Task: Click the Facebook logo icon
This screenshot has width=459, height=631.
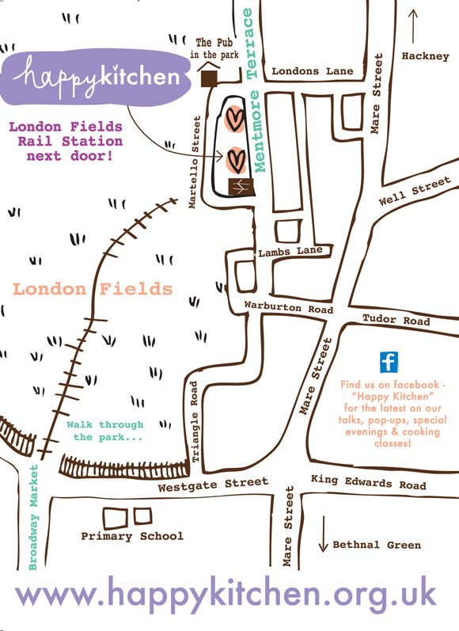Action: (389, 362)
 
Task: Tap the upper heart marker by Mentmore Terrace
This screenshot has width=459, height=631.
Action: (234, 119)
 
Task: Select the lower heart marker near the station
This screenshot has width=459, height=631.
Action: (236, 161)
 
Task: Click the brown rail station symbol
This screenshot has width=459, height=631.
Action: (241, 186)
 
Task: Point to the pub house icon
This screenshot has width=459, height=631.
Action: (209, 74)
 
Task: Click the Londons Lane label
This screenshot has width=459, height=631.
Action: (312, 71)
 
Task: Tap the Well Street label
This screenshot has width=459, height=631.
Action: (415, 191)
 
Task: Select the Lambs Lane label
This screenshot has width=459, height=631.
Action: (290, 252)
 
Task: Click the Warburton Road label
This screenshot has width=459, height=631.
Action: (289, 307)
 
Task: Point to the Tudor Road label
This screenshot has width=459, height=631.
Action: (396, 320)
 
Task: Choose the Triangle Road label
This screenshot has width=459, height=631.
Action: (195, 421)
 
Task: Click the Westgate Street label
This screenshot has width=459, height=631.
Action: (213, 485)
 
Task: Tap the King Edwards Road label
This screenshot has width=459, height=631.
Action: (369, 481)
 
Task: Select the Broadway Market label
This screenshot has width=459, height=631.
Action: (33, 518)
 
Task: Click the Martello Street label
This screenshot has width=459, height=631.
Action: (195, 162)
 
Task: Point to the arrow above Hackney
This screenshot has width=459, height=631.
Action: (413, 26)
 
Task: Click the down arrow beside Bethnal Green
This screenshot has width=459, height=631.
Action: (323, 534)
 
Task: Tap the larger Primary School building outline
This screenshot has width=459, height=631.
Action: (115, 519)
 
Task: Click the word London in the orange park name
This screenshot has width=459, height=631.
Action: (50, 289)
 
